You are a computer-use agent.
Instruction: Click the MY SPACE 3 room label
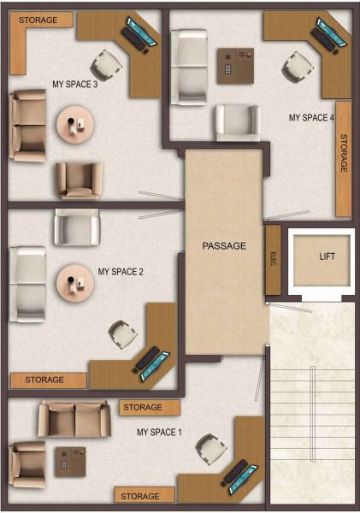(75, 85)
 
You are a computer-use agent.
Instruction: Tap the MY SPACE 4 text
(310, 118)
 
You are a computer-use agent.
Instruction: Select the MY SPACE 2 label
(121, 272)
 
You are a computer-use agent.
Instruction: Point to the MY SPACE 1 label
(160, 433)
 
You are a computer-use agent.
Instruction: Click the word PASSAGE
(224, 246)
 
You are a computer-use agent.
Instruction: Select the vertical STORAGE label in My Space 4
(344, 154)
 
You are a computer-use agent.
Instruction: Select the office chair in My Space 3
(108, 62)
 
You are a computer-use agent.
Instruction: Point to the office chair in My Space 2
(123, 333)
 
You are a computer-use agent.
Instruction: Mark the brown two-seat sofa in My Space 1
(74, 419)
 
